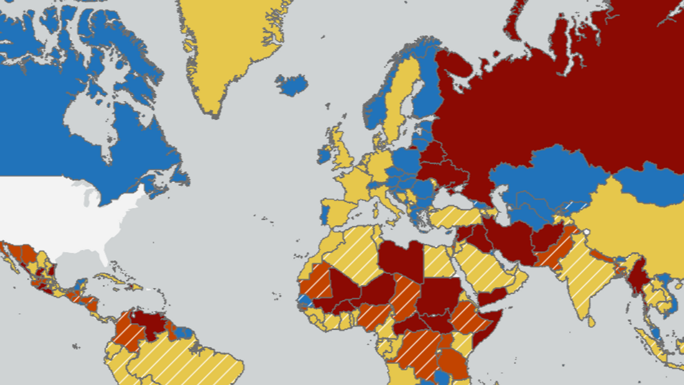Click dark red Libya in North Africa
(x=401, y=258)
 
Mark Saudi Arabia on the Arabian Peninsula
(x=481, y=267)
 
